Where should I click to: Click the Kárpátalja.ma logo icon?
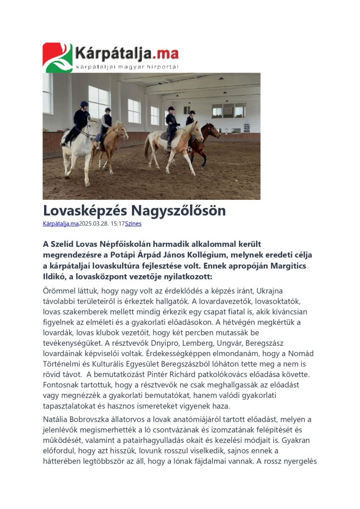(x=58, y=57)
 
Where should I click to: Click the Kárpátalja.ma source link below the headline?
(x=61, y=224)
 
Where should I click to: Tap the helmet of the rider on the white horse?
(x=84, y=104)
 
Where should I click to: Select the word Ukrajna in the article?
(x=271, y=291)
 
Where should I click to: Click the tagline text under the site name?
(x=127, y=67)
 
